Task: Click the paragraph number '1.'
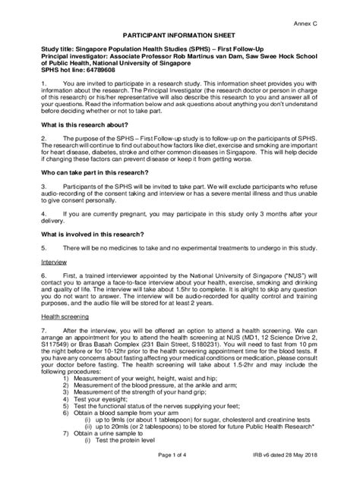[x=44, y=83]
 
